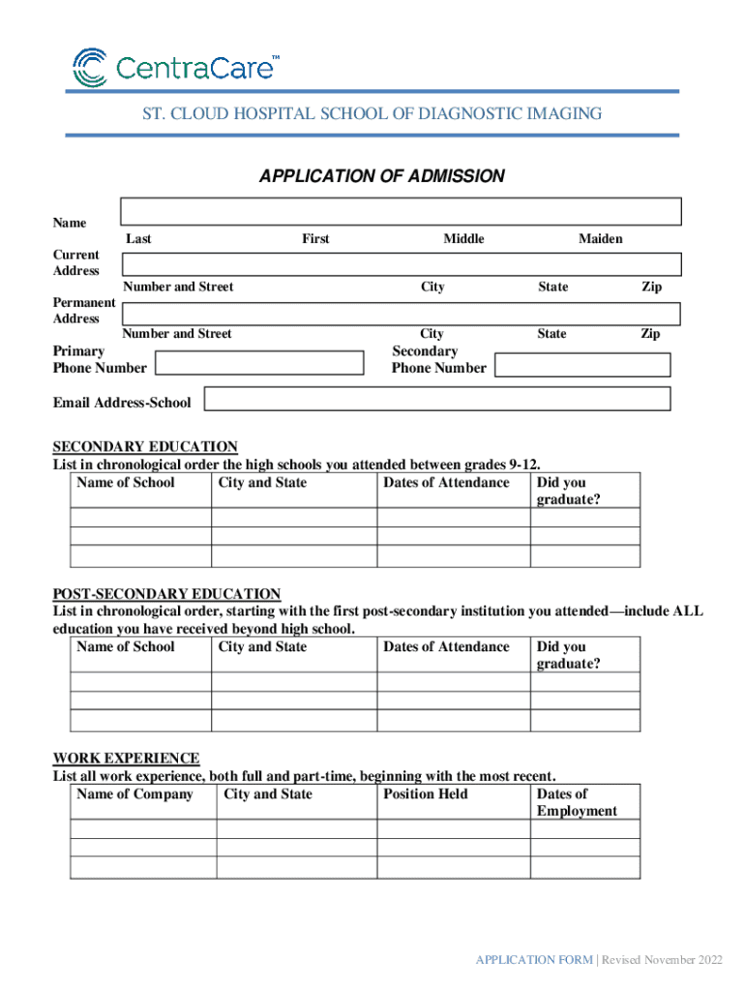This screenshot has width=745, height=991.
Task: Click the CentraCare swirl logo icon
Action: tap(91, 68)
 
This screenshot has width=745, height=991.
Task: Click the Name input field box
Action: tap(401, 212)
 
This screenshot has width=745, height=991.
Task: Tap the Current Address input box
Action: tap(401, 264)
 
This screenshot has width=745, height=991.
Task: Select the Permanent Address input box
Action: tap(401, 314)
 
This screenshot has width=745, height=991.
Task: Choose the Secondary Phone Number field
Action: tap(582, 365)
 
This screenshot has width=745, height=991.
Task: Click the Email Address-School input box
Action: tap(437, 399)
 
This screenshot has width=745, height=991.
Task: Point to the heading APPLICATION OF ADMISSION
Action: tap(381, 176)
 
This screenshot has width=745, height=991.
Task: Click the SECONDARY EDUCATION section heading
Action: tap(145, 447)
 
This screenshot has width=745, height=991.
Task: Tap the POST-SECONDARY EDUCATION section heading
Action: tap(166, 594)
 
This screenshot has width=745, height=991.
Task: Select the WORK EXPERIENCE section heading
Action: tap(126, 759)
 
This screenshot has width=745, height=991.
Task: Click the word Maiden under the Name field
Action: tap(600, 239)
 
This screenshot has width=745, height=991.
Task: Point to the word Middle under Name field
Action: tap(463, 239)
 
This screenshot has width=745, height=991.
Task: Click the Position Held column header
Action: tap(425, 795)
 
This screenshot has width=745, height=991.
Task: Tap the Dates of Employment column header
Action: tap(576, 802)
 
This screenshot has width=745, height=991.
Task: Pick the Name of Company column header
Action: tap(134, 795)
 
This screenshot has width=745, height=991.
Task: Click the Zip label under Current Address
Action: tap(652, 287)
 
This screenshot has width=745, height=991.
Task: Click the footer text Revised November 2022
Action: tap(664, 960)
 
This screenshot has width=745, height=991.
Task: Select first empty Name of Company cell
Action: tap(143, 829)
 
